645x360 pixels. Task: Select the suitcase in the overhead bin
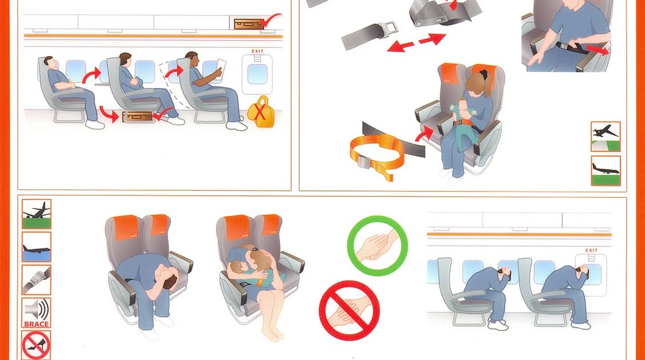pos(248,23)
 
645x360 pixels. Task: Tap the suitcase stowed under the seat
pos(139,117)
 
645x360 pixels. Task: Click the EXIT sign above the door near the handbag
pos(257,51)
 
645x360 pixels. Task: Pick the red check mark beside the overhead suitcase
pos(270,21)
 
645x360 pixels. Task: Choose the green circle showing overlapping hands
pos(377,246)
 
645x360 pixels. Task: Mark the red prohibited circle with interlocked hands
pos(349,310)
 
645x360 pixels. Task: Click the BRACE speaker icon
pos(37,313)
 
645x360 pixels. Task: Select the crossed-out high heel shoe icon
pos(37,345)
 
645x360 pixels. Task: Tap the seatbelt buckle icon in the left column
pos(37,279)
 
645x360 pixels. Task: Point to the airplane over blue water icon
pos(37,247)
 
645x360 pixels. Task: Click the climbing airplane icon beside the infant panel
pos(606,136)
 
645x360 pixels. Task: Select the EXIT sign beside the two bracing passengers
pos(591,250)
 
